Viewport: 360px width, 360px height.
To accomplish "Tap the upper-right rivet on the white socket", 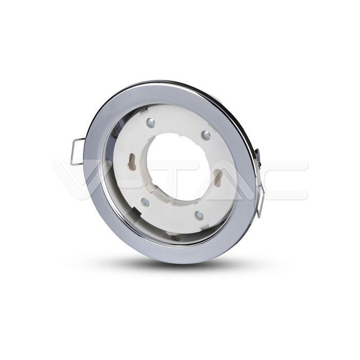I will point(206,135).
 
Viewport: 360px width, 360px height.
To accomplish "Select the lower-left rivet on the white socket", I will point(146,201).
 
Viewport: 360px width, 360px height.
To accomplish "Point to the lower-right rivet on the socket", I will point(199,214).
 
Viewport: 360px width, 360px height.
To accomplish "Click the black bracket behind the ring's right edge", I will point(258,157).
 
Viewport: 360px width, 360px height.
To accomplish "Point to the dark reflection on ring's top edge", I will point(170,83).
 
